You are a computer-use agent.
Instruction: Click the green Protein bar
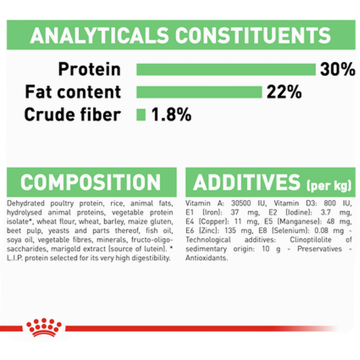[x=226, y=70]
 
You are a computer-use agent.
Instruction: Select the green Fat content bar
[x=199, y=92]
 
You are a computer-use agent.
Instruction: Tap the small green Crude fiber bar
[x=141, y=115]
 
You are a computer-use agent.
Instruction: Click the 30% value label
[x=337, y=69]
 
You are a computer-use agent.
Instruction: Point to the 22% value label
[x=284, y=92]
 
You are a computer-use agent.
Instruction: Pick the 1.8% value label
[x=171, y=114]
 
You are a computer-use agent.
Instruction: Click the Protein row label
[x=89, y=69]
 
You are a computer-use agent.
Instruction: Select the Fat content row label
[x=73, y=92]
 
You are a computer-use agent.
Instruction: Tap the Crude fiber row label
[x=72, y=114]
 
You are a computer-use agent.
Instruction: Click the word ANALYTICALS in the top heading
[x=100, y=35]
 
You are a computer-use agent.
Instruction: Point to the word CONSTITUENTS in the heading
[x=253, y=35]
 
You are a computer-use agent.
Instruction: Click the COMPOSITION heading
[x=91, y=182]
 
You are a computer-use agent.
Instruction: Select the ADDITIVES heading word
[x=247, y=182]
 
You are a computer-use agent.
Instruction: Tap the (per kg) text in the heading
[x=329, y=185]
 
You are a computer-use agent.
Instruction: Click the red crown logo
[x=44, y=328]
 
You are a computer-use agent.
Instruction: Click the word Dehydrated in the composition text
[x=26, y=203]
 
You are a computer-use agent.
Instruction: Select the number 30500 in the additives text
[x=241, y=203]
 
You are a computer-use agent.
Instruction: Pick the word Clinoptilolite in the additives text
[x=311, y=240]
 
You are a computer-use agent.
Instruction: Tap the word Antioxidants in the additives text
[x=206, y=258]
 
